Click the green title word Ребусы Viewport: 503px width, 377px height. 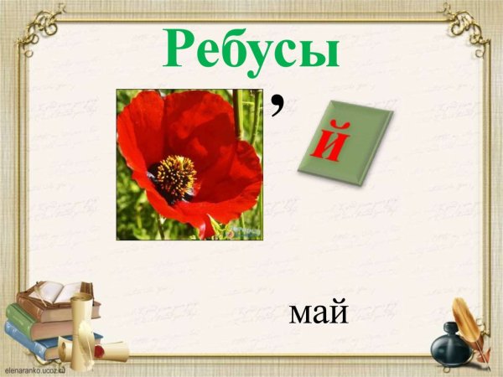coord(251,49)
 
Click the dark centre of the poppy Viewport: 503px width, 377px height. coord(174,176)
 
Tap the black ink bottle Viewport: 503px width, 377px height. coord(449,344)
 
